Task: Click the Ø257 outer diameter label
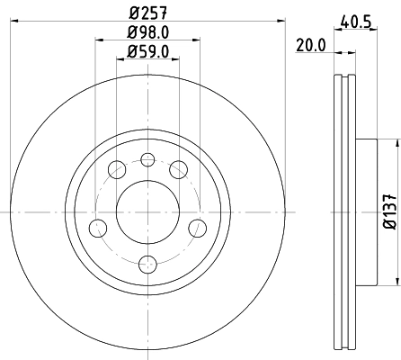coord(149,13)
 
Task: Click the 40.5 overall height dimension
coord(357,19)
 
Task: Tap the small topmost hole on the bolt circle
coord(148,160)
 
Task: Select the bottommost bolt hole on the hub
coord(148,264)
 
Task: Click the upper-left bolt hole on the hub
coord(117,169)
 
